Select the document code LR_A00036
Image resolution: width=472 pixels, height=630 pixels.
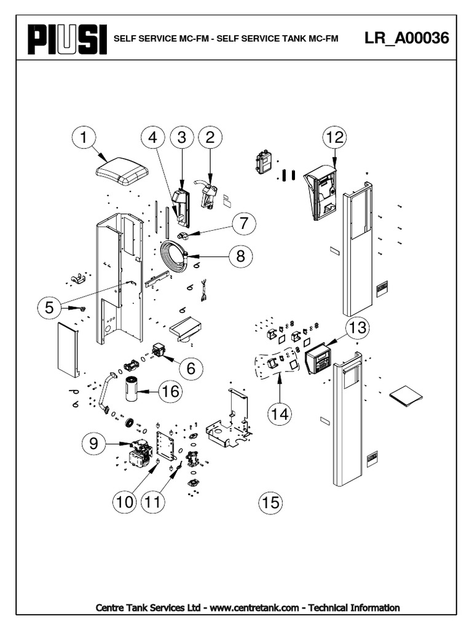[x=406, y=38]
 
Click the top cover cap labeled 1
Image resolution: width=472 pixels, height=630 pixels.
[x=123, y=171]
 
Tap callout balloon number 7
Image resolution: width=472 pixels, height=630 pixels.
[x=243, y=223]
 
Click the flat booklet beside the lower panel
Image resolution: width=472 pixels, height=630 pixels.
[x=406, y=395]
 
